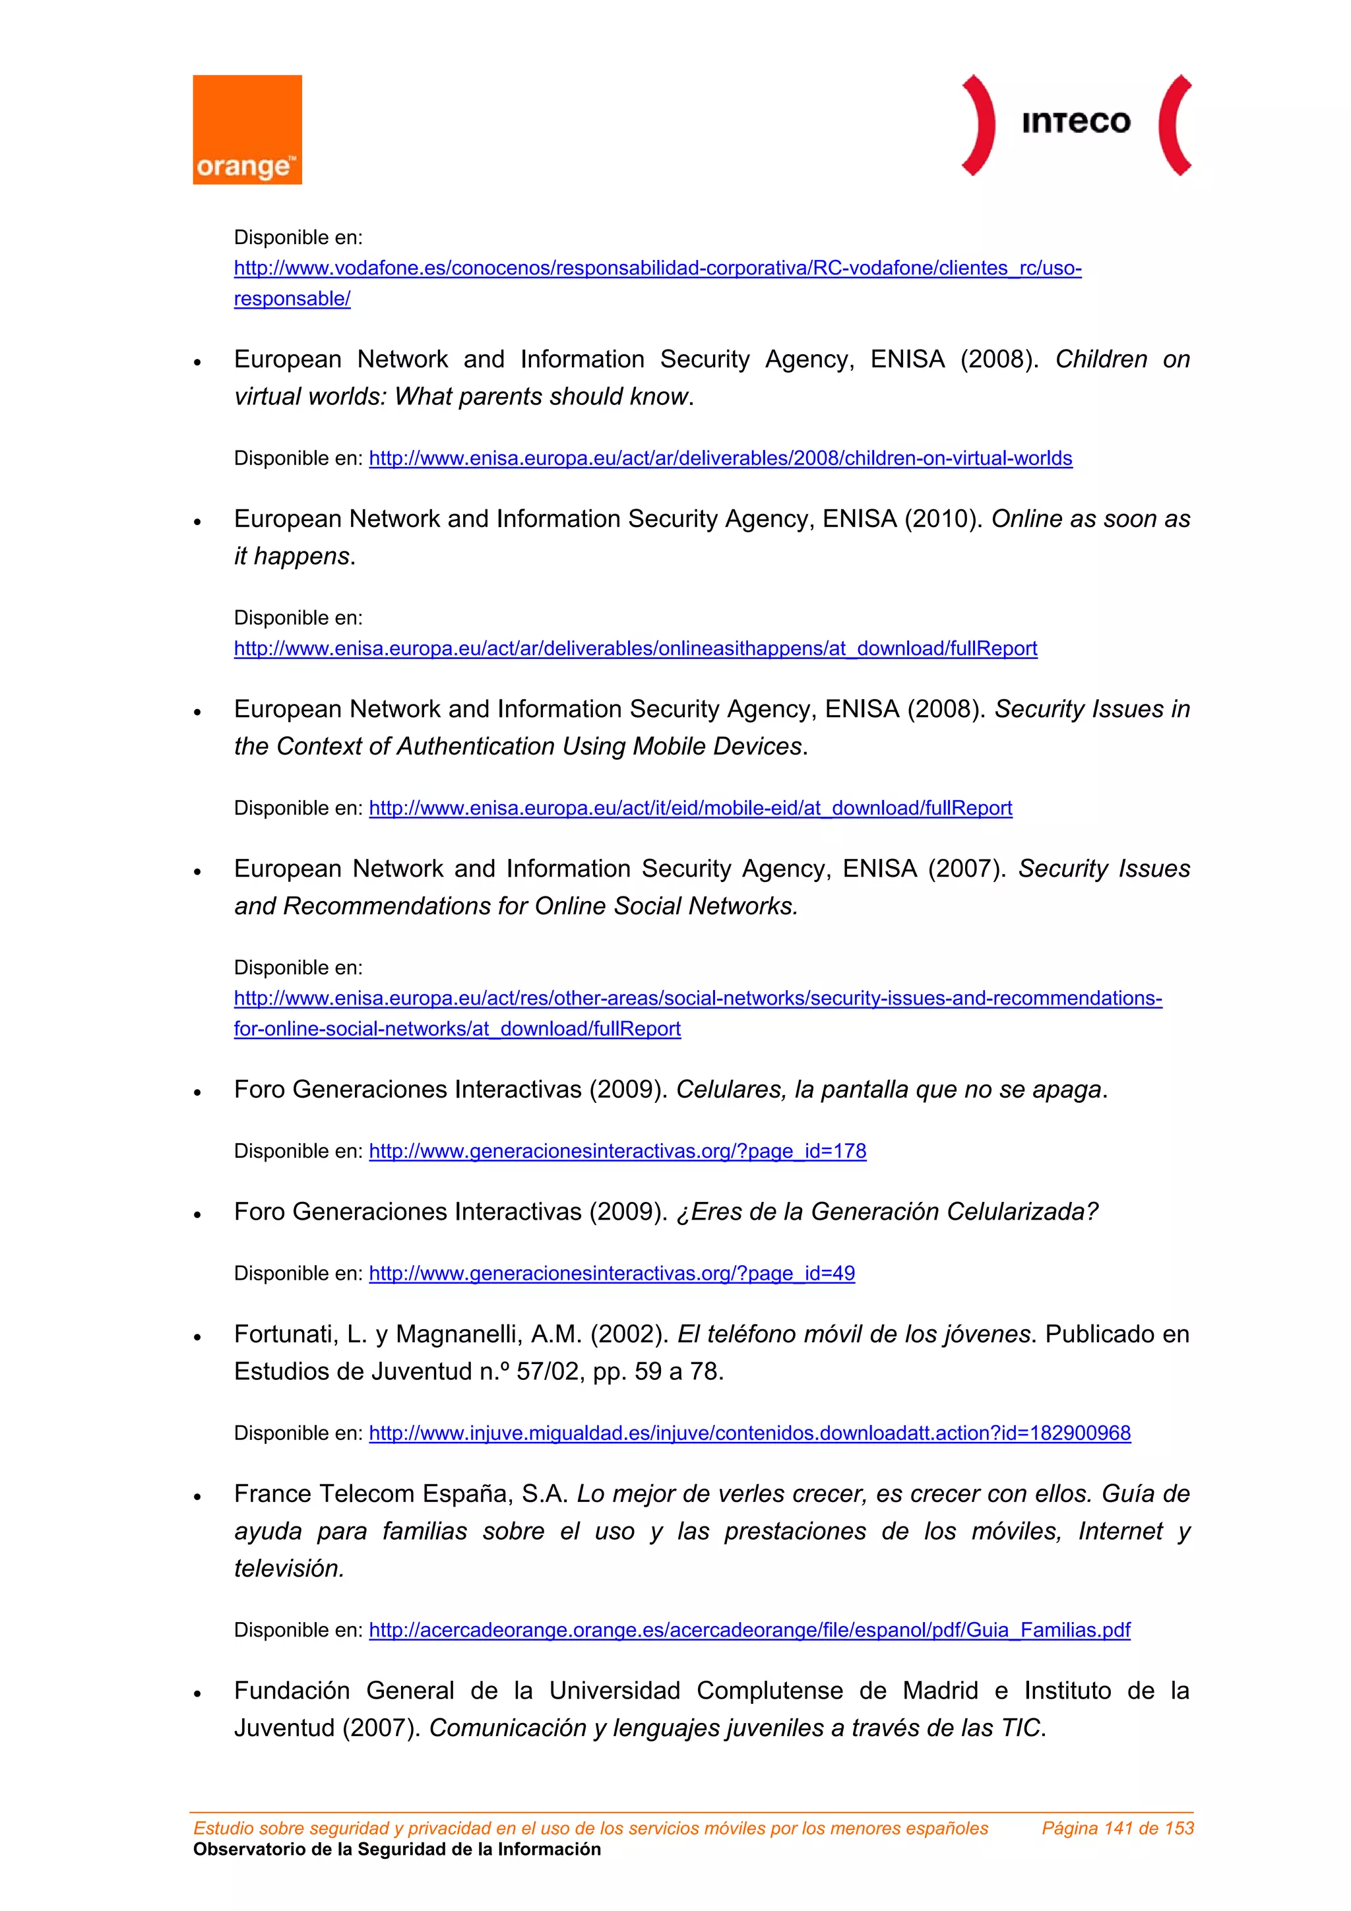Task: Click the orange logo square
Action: [x=247, y=129]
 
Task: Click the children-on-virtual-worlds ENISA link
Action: [x=720, y=458]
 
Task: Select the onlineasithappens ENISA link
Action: [x=635, y=648]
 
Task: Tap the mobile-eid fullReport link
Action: [x=690, y=808]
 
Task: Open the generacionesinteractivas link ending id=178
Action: [x=617, y=1151]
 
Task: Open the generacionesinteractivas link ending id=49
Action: [x=612, y=1273]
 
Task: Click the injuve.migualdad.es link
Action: [x=749, y=1433]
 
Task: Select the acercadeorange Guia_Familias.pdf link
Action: [x=749, y=1631]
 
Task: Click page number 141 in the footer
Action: [x=1118, y=1829]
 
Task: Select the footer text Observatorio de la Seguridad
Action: [x=396, y=1850]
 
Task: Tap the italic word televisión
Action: [x=289, y=1569]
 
